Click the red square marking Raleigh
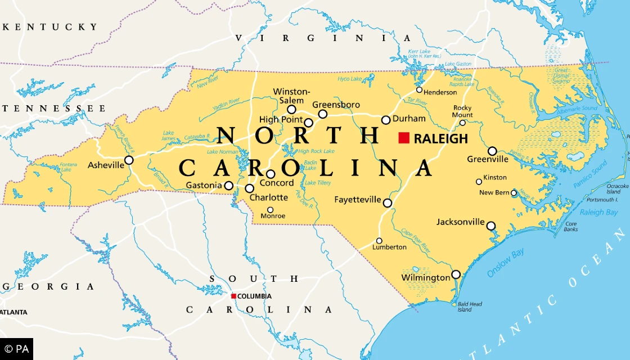point(404,138)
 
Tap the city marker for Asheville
point(129,160)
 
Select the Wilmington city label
point(425,278)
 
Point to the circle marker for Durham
point(386,120)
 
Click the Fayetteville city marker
point(388,202)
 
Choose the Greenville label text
point(488,159)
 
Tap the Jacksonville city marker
point(491,226)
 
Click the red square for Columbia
point(233,296)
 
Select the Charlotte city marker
point(249,188)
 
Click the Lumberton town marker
point(379,241)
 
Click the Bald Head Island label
point(469,307)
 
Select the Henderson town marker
point(419,90)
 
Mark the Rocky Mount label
point(463,111)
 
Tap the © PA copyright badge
point(16,349)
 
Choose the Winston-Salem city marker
point(291,110)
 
